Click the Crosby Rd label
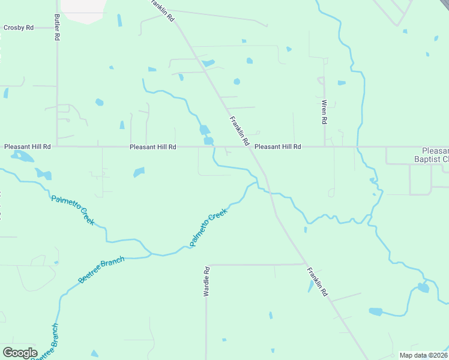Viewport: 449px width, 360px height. (18, 28)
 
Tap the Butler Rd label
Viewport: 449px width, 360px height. (57, 28)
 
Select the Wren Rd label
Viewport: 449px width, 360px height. (324, 112)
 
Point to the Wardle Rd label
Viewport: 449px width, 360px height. (206, 282)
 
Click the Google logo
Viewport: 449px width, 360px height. (20, 352)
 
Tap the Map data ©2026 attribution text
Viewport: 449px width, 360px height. (423, 355)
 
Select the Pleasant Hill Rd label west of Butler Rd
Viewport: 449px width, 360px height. (28, 146)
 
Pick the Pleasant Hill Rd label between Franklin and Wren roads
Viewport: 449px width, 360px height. (277, 146)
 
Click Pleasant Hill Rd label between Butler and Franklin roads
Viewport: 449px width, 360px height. (153, 146)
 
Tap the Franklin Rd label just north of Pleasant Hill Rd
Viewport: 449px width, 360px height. (239, 131)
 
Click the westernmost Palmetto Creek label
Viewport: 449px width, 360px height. (73, 210)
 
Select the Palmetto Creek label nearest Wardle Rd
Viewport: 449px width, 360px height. (208, 227)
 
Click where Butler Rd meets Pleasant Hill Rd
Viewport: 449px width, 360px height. (57, 146)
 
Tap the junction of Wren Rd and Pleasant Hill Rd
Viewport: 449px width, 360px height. (325, 146)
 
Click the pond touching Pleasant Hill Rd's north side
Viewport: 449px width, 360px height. (208, 141)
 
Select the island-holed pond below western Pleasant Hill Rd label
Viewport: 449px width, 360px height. (22, 157)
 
